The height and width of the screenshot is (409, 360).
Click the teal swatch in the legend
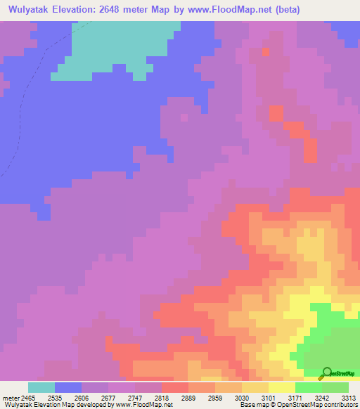[x=41, y=387]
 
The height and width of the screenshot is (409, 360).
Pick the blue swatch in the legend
[x=68, y=387]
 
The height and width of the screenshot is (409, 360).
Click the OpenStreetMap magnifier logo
[x=326, y=372]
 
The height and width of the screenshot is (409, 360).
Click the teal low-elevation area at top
[x=120, y=46]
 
